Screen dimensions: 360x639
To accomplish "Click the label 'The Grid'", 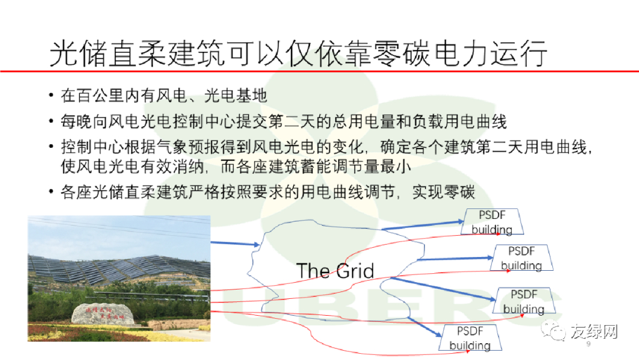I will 334,271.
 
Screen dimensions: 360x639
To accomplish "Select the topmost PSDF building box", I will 492,222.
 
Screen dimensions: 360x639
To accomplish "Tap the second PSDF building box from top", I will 521,258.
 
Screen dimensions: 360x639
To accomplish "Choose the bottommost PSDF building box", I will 470,338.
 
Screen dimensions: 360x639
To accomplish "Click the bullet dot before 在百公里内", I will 51,95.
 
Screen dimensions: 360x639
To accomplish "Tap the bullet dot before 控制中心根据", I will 51,147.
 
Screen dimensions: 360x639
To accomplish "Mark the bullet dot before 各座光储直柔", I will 51,193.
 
